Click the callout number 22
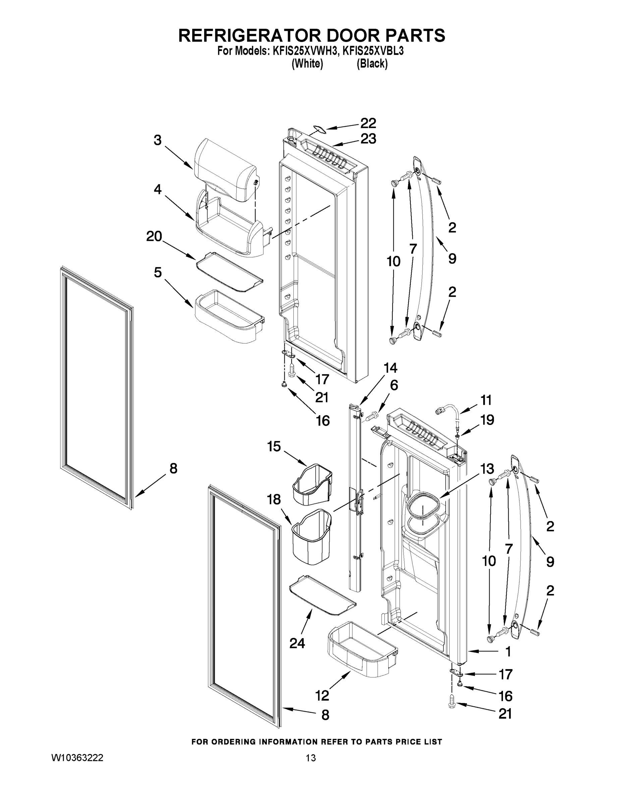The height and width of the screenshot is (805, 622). point(368,123)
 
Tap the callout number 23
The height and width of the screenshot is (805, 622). point(368,139)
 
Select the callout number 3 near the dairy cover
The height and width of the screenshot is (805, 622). point(158,140)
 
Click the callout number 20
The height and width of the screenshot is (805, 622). point(154,236)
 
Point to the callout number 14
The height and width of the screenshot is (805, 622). point(391,368)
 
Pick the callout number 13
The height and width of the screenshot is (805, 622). point(487,469)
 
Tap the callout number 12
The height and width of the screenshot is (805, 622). point(322,696)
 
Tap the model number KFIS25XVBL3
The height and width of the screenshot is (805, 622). point(373,51)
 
